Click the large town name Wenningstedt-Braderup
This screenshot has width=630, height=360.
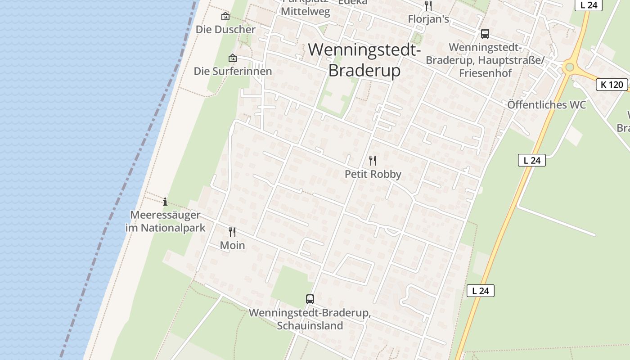pos(364,60)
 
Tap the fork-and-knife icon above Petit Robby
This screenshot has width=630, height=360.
pos(373,161)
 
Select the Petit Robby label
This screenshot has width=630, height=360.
pos(373,174)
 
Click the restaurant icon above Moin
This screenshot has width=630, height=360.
pos(232,232)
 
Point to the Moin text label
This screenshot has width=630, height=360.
pos(232,245)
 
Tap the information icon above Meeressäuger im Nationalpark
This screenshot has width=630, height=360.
pos(165,202)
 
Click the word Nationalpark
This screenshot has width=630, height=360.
pos(173,228)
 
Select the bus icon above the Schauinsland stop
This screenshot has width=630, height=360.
pos(310,299)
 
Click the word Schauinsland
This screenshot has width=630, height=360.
pos(310,325)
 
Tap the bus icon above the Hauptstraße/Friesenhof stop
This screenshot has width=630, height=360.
pos(485,34)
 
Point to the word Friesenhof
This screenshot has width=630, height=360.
pos(485,73)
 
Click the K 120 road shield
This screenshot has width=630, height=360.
pos(612,84)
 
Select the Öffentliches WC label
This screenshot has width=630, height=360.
pos(546,105)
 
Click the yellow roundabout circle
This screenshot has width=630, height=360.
pos(570,67)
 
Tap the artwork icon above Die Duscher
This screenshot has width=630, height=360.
pos(225,17)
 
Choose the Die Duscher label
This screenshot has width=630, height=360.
pos(225,30)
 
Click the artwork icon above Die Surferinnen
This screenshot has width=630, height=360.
pos(233,58)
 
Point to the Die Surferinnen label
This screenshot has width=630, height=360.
pos(233,71)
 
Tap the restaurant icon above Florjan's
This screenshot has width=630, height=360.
pos(428,6)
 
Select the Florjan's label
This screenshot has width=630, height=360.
pos(428,19)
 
